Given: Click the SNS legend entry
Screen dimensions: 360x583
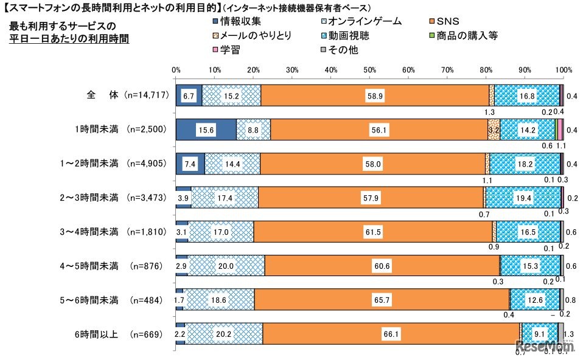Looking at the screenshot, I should coord(447,22).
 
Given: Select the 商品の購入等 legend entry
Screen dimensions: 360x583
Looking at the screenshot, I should coord(469,36).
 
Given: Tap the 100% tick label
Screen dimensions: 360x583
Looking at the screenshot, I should coord(564,70).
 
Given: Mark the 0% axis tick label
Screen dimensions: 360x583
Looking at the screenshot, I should coord(176,70).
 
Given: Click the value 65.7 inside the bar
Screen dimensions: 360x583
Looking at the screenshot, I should coord(381,300).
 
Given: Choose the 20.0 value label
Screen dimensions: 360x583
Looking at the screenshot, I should coord(226,266).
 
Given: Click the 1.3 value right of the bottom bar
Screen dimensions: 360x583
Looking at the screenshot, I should coord(572,334).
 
